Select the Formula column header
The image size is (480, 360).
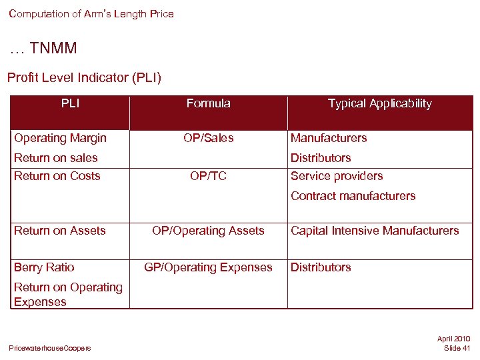click(208, 103)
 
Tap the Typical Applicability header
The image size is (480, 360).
click(379, 103)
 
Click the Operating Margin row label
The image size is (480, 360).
click(60, 138)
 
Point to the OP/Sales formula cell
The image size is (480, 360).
click(208, 138)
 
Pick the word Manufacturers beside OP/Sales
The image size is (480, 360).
click(329, 138)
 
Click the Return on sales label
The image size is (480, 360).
click(56, 158)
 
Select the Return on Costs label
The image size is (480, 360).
click(57, 176)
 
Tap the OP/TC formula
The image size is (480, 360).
click(208, 176)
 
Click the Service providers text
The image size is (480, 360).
click(337, 176)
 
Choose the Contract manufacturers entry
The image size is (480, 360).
click(353, 196)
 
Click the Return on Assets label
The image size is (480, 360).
click(60, 231)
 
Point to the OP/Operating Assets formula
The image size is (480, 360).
click(208, 231)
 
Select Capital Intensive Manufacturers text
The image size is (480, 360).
click(375, 231)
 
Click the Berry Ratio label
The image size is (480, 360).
click(44, 267)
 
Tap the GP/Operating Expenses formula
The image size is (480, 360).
click(208, 267)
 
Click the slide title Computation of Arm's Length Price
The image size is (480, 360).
click(91, 14)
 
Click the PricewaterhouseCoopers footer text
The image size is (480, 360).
click(50, 348)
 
